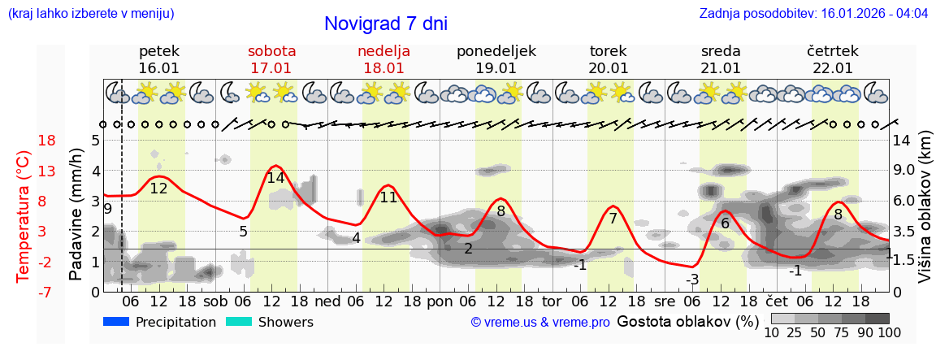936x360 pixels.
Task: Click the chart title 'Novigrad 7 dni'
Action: click(385, 24)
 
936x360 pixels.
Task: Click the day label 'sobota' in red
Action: click(271, 51)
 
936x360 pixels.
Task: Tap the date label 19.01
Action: click(496, 68)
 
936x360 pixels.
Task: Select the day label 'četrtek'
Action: click(832, 51)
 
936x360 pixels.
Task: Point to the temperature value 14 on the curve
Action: click(275, 178)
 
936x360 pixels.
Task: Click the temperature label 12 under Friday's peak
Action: click(158, 189)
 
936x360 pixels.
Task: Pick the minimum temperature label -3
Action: click(692, 280)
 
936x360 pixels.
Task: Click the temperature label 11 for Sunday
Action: click(388, 197)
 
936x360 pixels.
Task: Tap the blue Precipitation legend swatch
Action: click(116, 322)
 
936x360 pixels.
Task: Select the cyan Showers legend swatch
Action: click(239, 322)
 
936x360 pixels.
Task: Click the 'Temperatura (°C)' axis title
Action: click(24, 216)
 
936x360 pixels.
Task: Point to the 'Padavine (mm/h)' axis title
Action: click(76, 215)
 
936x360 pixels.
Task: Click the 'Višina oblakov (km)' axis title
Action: click(925, 215)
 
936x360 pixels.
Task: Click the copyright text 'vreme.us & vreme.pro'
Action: click(540, 323)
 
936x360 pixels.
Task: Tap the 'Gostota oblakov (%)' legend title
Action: click(687, 322)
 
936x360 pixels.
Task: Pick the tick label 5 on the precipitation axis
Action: click(95, 141)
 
